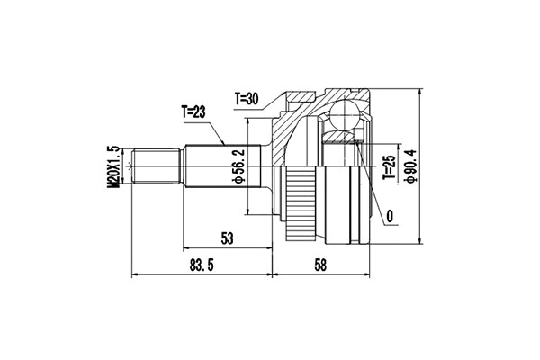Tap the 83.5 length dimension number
[x=202, y=266]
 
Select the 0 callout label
[x=390, y=216]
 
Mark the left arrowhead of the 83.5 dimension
[x=135, y=274]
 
